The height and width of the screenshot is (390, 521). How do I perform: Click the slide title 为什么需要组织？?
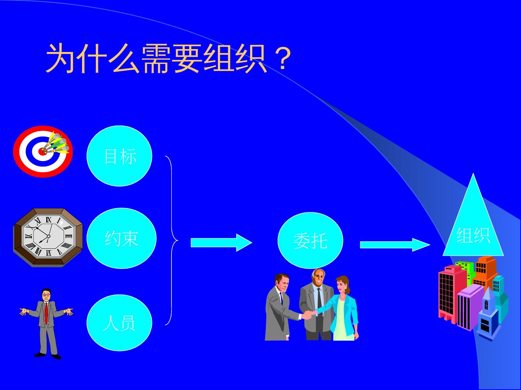(x=168, y=58)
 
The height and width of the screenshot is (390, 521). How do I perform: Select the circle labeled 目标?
(x=119, y=156)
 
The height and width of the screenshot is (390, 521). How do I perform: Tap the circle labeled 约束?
(x=122, y=238)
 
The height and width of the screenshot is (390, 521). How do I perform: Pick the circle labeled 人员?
(x=119, y=322)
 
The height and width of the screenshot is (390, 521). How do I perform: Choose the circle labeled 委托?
(x=310, y=240)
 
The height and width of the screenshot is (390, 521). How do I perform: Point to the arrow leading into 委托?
(x=221, y=242)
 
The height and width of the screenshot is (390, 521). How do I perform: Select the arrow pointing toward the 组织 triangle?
(x=394, y=244)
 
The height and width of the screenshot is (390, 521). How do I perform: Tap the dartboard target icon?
(x=43, y=152)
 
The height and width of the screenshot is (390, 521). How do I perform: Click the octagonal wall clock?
(x=48, y=237)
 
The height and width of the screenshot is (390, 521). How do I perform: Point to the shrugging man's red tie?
(x=46, y=312)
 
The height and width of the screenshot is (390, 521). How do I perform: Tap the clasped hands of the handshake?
(x=308, y=315)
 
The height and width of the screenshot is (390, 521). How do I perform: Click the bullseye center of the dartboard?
(x=43, y=151)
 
